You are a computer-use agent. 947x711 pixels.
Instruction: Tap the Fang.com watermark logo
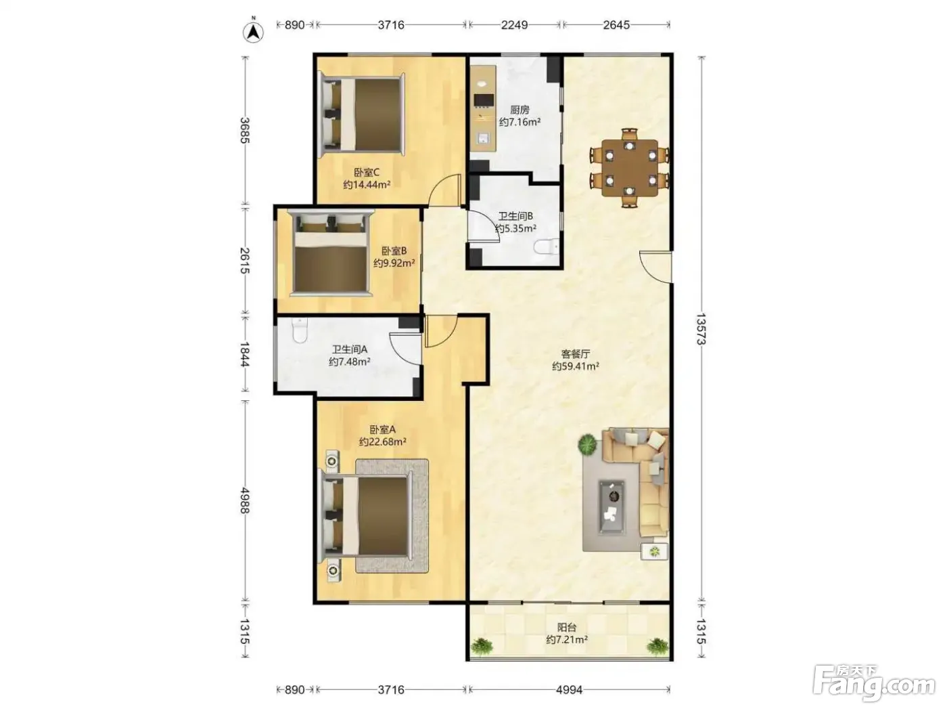(873, 684)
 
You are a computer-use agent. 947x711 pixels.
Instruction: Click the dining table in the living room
(630, 167)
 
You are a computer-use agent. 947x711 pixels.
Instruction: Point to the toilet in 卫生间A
(299, 330)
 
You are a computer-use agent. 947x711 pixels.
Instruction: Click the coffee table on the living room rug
(611, 507)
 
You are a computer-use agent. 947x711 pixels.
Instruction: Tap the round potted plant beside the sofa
(587, 443)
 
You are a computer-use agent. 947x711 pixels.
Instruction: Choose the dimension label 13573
(701, 329)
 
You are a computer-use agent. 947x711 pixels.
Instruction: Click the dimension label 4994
(569, 689)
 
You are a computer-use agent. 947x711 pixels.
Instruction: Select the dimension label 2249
(514, 25)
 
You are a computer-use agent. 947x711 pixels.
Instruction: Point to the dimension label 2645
(616, 25)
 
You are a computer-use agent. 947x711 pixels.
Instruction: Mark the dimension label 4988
(245, 500)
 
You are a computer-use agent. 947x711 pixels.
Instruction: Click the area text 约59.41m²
(575, 366)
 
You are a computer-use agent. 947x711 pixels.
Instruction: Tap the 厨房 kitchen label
(519, 110)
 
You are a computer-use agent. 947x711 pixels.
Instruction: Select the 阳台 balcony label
(566, 627)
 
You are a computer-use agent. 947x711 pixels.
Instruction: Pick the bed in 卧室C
(361, 114)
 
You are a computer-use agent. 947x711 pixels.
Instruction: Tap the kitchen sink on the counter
(483, 138)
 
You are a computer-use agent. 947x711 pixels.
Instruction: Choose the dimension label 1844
(245, 354)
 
